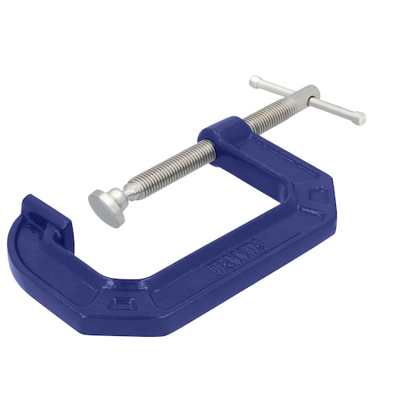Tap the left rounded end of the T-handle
pyautogui.click(x=257, y=79)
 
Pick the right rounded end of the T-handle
pyautogui.click(x=358, y=116)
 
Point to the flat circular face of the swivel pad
pyautogui.click(x=102, y=203)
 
